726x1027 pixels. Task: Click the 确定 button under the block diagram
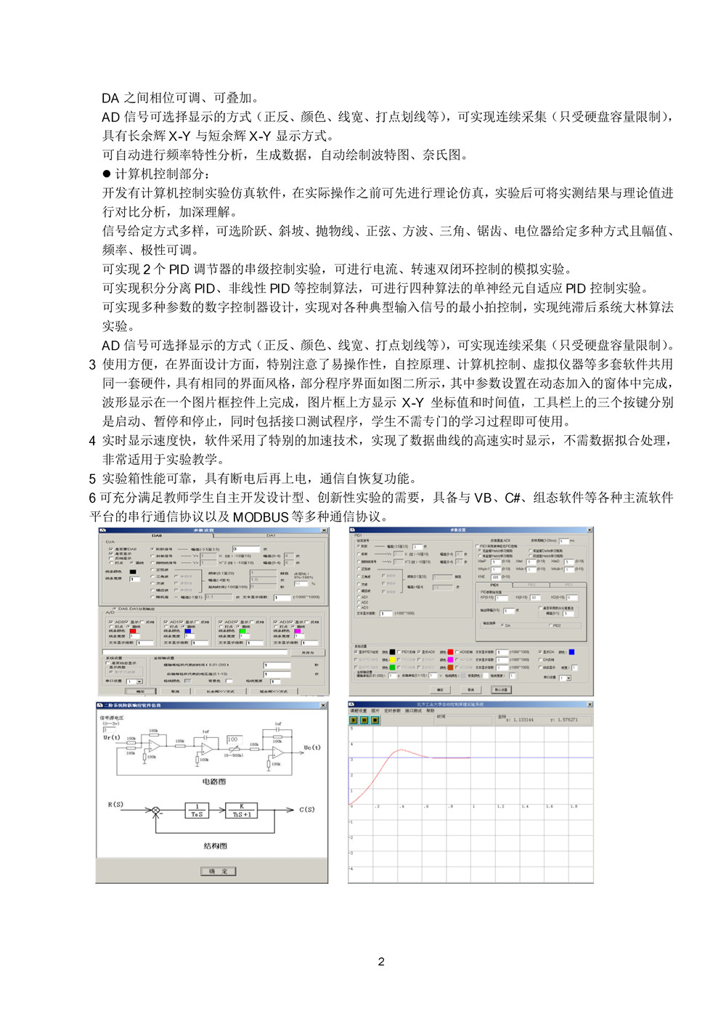[x=218, y=871]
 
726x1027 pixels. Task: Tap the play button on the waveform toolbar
[x=354, y=720]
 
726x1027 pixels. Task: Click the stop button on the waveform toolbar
[x=375, y=720]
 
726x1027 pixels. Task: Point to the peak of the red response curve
[x=401, y=750]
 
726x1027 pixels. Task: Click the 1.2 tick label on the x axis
[x=500, y=806]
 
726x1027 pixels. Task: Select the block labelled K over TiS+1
[x=242, y=811]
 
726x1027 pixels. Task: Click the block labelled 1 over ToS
[x=197, y=811]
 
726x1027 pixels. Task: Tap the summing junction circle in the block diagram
[x=155, y=811]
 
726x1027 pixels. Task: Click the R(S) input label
[x=116, y=805]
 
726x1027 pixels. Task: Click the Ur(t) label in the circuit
[x=111, y=738]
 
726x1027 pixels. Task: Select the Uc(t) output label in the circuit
[x=312, y=747]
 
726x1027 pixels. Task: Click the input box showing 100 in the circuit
[x=233, y=739]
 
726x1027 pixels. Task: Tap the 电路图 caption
[x=213, y=782]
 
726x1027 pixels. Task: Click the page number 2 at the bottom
[x=381, y=962]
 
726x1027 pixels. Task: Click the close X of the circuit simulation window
[x=324, y=705]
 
